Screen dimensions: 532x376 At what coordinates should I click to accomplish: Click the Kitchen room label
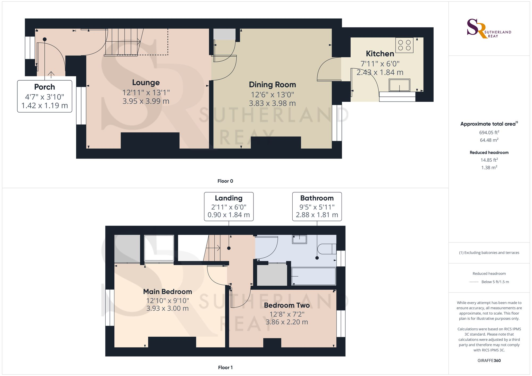tap(380, 54)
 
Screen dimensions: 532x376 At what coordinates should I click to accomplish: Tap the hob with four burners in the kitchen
tap(404, 45)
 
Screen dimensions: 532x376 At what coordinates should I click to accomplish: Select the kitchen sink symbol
tap(400, 85)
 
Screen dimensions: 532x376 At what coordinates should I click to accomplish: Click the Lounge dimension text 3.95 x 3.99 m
tap(146, 101)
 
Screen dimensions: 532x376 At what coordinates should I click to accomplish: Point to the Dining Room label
tap(272, 85)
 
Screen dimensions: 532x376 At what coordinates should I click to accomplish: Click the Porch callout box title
tap(44, 87)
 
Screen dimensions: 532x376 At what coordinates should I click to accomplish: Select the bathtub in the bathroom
tap(314, 276)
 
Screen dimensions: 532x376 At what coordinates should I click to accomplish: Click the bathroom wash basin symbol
tap(300, 239)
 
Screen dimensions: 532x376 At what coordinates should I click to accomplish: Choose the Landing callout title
tap(228, 198)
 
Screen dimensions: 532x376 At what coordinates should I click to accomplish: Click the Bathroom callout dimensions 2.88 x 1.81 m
tap(317, 215)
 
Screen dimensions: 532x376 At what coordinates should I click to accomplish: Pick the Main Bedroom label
tap(168, 292)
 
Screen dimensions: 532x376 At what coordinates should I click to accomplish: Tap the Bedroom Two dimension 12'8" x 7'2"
tap(287, 314)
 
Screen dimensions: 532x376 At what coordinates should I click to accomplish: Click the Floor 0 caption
tap(225, 181)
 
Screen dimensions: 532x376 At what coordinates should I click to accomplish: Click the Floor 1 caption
tap(225, 367)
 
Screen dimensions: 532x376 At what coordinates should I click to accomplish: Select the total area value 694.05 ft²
tap(489, 132)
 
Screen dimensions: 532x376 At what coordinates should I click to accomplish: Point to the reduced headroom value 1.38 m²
tap(489, 168)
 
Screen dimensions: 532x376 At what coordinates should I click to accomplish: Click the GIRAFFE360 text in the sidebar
tap(489, 361)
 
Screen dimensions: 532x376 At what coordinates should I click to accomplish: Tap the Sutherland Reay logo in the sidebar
tap(489, 29)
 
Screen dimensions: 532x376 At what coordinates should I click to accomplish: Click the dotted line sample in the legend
tap(474, 282)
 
